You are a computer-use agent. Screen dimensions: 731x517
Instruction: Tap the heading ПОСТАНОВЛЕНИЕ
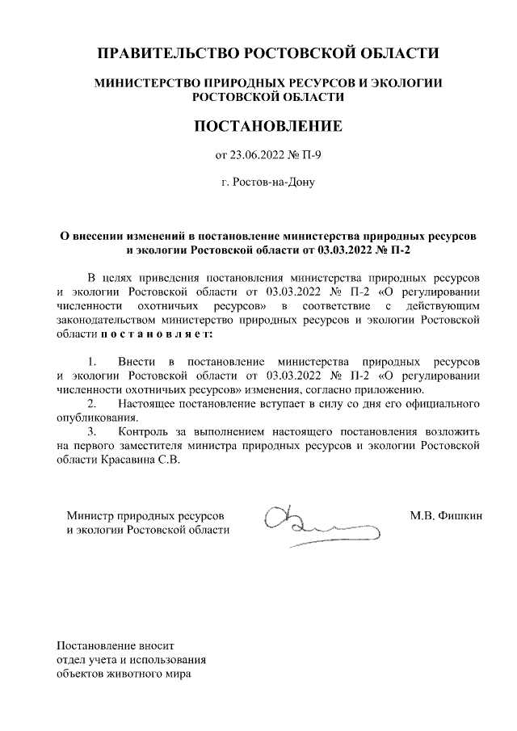[x=267, y=126]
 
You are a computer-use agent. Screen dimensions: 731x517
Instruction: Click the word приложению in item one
[x=385, y=389]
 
